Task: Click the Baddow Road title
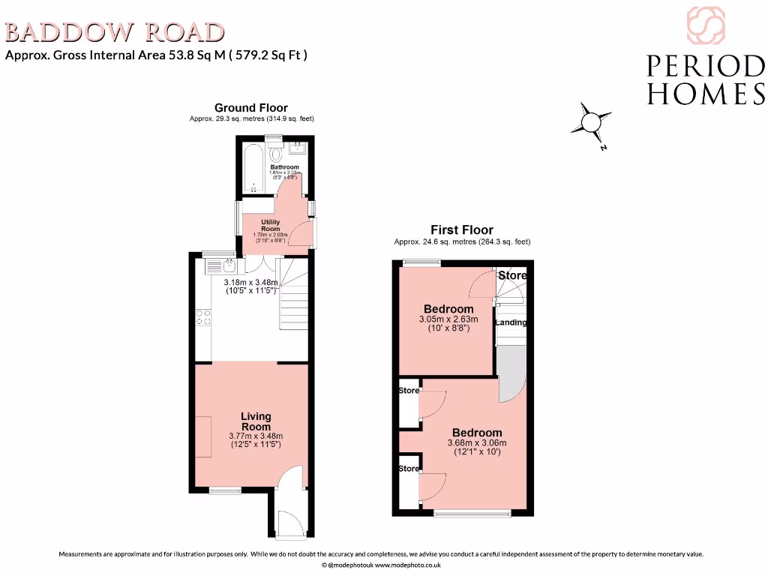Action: [x=115, y=31]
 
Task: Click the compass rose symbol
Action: [x=591, y=122]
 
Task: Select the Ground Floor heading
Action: [x=250, y=108]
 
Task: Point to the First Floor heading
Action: [x=461, y=230]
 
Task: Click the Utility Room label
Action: [x=270, y=226]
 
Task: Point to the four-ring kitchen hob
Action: [x=202, y=317]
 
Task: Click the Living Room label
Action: [x=256, y=421]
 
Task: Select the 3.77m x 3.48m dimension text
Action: [x=256, y=436]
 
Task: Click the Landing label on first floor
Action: [x=510, y=322]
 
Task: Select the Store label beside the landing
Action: [x=513, y=275]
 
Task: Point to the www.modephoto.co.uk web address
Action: [x=407, y=565]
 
